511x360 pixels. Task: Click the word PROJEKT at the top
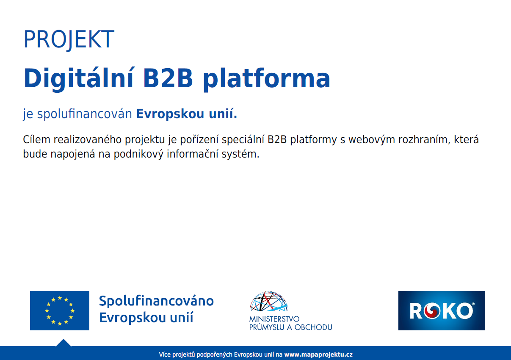click(69, 39)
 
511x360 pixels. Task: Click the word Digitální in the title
click(78, 78)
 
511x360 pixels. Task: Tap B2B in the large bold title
click(168, 78)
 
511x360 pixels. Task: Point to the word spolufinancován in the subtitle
click(85, 114)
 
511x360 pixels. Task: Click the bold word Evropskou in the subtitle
click(170, 114)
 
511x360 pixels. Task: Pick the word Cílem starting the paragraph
click(36, 139)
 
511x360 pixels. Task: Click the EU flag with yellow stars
click(60, 310)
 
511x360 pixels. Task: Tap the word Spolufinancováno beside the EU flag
click(157, 301)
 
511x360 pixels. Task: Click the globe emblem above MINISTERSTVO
click(269, 301)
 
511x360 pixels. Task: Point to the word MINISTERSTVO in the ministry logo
click(274, 319)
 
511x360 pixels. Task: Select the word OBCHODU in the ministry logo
click(313, 327)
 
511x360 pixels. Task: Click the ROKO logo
click(442, 310)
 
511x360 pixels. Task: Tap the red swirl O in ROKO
click(432, 311)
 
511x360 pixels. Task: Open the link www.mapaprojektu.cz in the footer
click(318, 354)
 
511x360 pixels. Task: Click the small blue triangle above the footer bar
click(64, 343)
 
